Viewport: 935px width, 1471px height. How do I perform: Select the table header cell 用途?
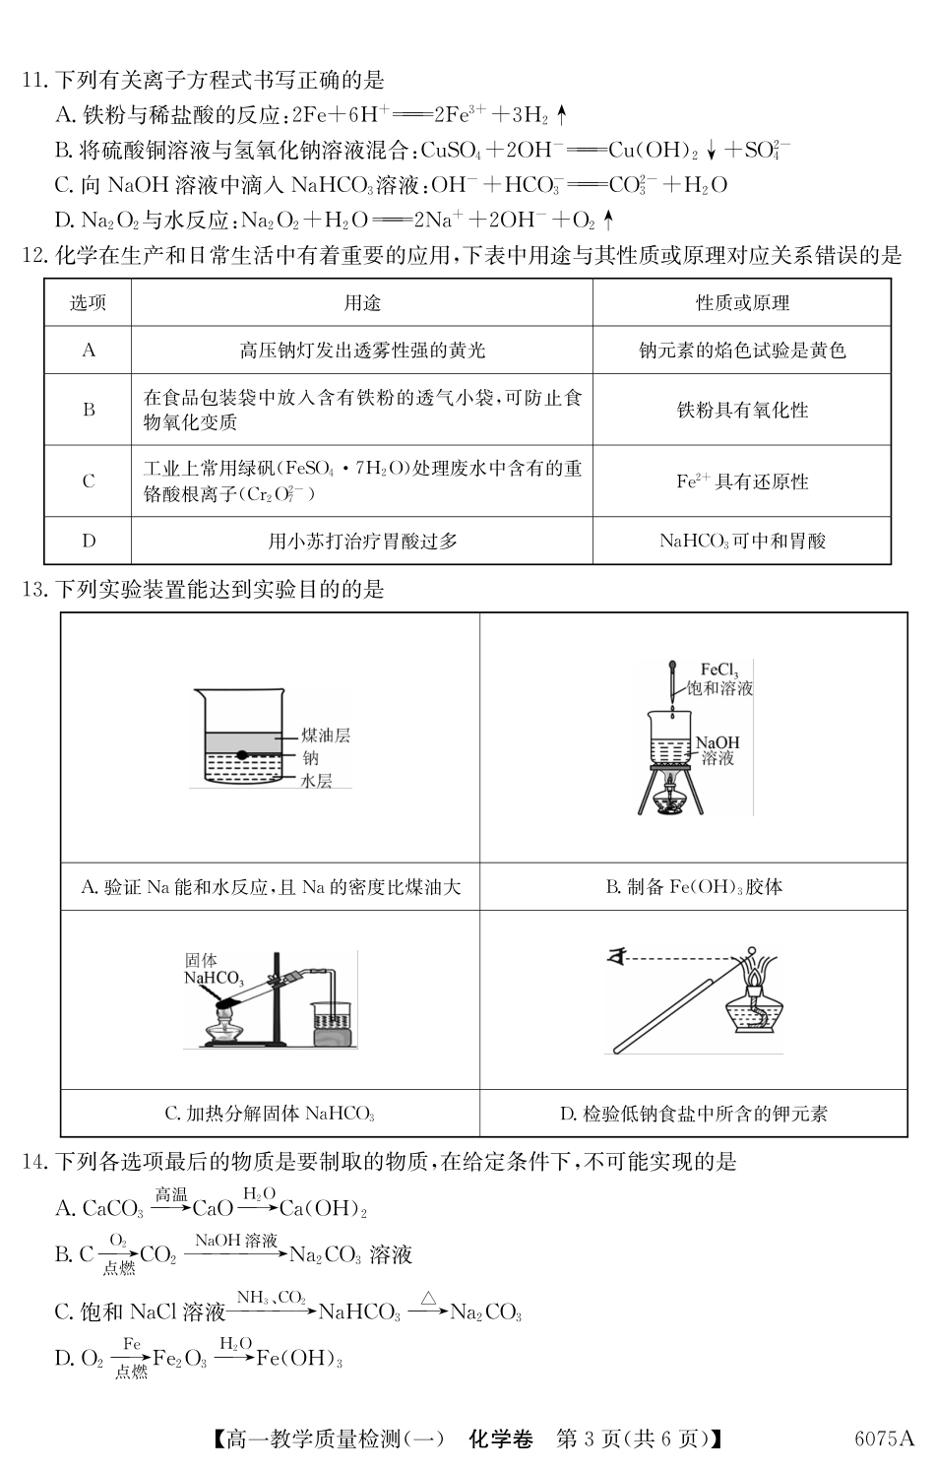tap(361, 303)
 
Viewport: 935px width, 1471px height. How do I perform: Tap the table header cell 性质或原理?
tap(742, 303)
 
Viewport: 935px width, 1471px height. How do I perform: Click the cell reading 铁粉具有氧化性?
tap(742, 410)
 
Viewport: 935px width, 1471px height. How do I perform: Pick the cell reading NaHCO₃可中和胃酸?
tap(742, 541)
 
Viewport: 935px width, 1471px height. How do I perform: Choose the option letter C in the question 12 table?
tap(89, 481)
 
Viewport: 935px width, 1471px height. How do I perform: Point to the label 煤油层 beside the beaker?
tap(326, 735)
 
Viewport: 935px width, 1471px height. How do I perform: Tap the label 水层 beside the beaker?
tap(317, 780)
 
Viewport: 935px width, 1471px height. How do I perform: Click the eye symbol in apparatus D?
tap(618, 954)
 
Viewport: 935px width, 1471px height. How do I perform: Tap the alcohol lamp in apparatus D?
tap(754, 1004)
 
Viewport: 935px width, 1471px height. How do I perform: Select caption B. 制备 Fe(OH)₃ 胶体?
tap(694, 887)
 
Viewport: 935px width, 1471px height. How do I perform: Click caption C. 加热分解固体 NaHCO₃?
tap(270, 1114)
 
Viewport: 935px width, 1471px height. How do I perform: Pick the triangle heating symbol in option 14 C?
tap(428, 1299)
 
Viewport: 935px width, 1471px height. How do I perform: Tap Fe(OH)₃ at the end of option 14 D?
tap(299, 1359)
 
